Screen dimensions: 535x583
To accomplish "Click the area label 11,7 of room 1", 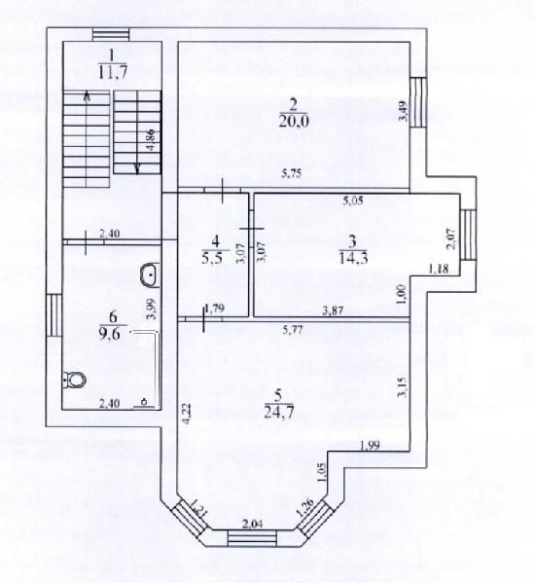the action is click(x=113, y=72).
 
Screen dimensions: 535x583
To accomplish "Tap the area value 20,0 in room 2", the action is click(x=294, y=121).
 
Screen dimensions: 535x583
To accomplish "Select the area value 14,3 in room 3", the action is click(x=353, y=257).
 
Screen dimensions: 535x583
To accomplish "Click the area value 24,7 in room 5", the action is click(x=278, y=412).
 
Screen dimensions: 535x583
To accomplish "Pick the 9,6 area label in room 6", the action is click(x=110, y=334).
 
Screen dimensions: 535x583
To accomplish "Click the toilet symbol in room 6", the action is click(x=75, y=380).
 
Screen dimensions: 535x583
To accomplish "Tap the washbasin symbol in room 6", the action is click(x=150, y=275).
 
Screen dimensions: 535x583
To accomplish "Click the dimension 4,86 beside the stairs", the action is click(x=151, y=140).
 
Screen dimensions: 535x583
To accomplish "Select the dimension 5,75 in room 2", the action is click(x=291, y=173).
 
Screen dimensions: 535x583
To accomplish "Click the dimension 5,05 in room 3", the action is click(x=353, y=201).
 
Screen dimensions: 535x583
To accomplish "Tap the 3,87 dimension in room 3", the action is click(x=332, y=310).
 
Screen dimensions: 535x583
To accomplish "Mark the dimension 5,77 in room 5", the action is click(x=293, y=329).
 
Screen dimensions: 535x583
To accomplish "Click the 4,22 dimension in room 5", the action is click(x=189, y=414).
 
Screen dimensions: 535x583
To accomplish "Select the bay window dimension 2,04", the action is click(x=253, y=524).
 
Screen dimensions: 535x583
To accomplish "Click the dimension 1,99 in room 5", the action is click(x=370, y=445).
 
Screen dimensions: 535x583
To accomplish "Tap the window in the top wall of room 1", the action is click(x=111, y=35).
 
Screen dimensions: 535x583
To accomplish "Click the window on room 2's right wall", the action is click(x=418, y=102).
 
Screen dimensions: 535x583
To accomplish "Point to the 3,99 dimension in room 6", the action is click(x=152, y=310).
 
